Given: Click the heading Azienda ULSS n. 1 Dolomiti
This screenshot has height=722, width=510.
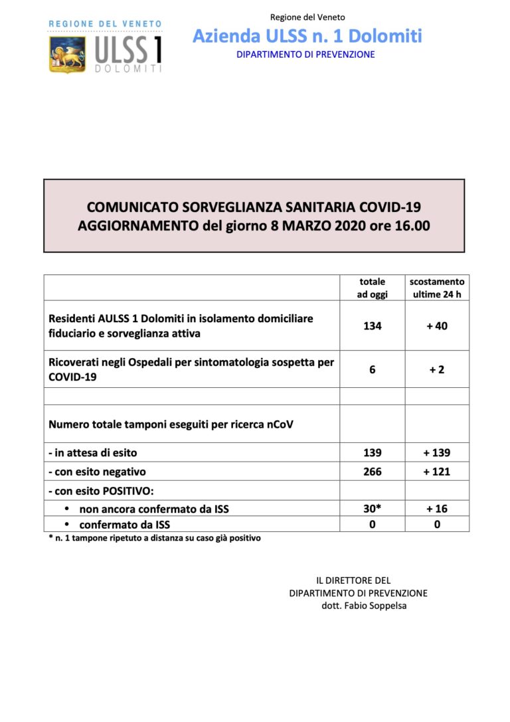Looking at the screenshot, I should [307, 36].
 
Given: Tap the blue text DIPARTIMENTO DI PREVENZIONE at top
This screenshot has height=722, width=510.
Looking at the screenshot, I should [305, 54].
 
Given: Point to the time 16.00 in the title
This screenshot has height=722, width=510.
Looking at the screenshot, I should [413, 226].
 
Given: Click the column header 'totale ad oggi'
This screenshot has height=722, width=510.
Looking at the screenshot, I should [373, 288].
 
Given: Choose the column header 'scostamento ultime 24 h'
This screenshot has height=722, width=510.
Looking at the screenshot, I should [436, 288].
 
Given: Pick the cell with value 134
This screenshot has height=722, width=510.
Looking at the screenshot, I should [373, 326].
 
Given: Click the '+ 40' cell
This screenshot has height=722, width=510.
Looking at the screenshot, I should [436, 326].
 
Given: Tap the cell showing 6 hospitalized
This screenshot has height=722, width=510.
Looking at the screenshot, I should [373, 369].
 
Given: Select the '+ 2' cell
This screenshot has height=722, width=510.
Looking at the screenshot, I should [436, 369].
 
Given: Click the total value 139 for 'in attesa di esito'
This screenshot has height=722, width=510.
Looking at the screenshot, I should [373, 453].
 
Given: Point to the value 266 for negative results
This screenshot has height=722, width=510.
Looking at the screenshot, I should [373, 472].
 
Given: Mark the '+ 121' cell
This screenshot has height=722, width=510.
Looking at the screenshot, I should [436, 472].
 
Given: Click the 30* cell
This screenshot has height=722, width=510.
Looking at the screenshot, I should [373, 509].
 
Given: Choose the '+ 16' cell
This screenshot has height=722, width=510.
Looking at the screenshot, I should [436, 509].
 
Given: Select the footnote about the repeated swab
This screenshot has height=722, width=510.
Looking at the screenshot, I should [155, 538].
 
